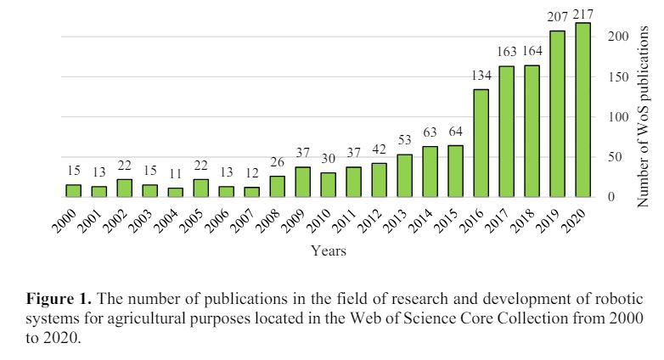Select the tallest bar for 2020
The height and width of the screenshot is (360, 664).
pos(582,110)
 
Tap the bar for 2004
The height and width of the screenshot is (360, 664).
pos(175,192)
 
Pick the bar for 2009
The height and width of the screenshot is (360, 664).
pos(302,182)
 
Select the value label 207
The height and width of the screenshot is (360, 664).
pos(557,17)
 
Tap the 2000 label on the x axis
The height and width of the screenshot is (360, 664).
pos(65,222)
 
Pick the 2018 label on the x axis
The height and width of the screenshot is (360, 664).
pos(524,222)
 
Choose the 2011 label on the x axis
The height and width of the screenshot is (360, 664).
pos(346,222)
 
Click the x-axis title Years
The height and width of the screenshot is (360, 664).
pos(328,251)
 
